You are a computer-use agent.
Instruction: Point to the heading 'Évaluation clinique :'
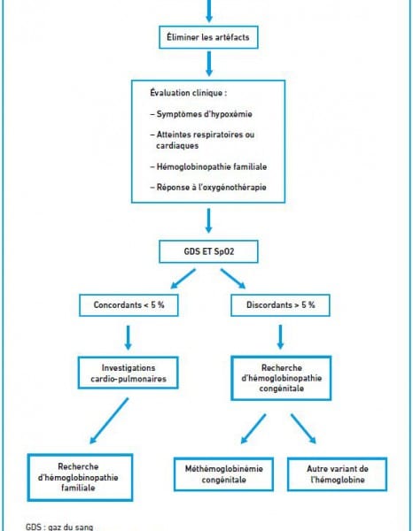point(189,93)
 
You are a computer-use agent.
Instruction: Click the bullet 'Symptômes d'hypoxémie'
point(201,114)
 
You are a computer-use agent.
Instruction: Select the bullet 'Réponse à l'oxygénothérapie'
point(208,188)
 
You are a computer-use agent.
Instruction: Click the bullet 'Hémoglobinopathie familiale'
point(208,166)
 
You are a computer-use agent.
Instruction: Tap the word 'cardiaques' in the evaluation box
point(177,146)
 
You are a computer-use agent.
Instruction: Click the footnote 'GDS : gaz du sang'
point(59,527)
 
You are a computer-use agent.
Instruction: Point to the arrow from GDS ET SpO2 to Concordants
point(183,279)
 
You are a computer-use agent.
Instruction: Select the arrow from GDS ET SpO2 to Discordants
point(233,279)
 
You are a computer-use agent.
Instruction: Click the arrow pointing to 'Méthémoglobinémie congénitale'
point(253,428)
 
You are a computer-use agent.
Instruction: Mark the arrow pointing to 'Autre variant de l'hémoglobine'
point(303,428)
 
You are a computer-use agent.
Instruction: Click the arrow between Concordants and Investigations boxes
point(128,338)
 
